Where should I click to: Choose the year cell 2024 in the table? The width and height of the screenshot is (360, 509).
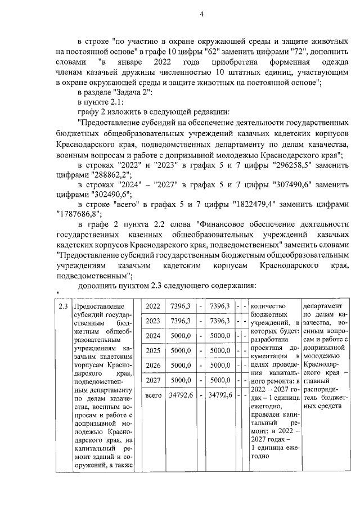[x=152, y=335]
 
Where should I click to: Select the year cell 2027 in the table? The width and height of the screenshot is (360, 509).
[x=152, y=380]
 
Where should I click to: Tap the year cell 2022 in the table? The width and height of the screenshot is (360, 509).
[x=152, y=306]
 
